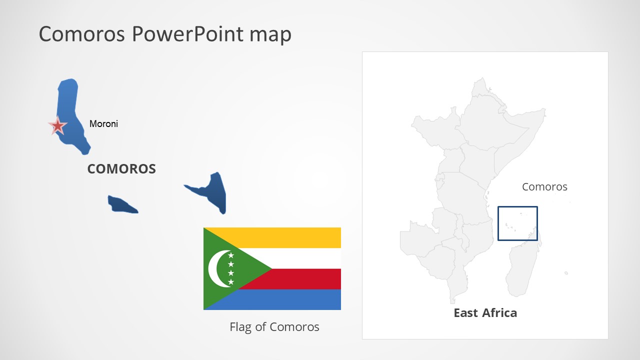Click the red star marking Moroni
(57, 126)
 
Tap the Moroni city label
(103, 123)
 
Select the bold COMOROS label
(121, 169)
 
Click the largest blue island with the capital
(70, 110)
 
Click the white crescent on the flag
(216, 269)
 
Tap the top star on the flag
(231, 255)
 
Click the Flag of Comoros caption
(274, 327)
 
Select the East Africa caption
(485, 313)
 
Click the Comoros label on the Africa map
(544, 187)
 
